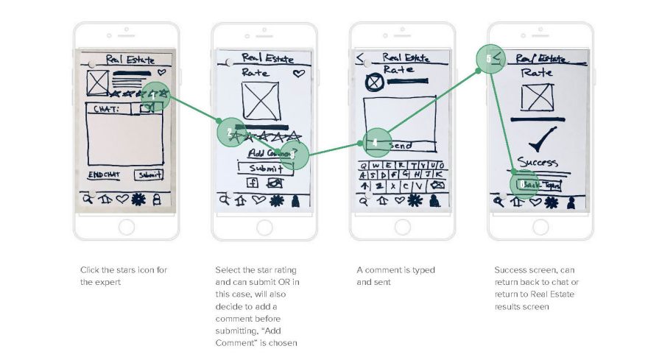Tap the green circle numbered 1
click(x=155, y=96)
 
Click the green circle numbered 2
click(x=231, y=133)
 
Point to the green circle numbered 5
click(x=490, y=58)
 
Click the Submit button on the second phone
click(x=264, y=168)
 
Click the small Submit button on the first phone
click(x=149, y=175)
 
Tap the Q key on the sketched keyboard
click(x=365, y=164)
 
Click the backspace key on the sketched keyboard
click(x=437, y=185)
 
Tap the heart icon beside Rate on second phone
click(x=298, y=74)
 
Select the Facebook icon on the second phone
click(x=251, y=183)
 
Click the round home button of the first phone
click(x=126, y=227)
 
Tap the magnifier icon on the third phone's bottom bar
click(x=363, y=200)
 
